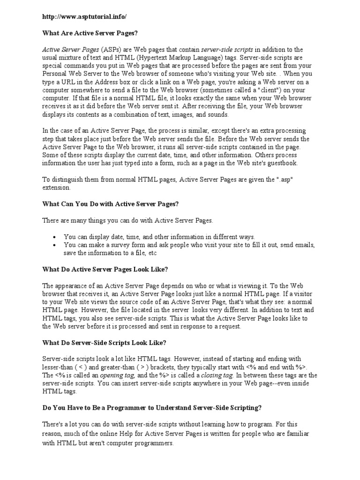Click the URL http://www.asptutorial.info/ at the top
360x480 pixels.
coord(84,16)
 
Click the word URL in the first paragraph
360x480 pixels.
coord(61,82)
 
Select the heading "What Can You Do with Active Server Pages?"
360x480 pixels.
coord(111,204)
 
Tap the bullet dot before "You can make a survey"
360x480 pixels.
coord(56,245)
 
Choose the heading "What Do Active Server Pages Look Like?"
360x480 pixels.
coord(105,270)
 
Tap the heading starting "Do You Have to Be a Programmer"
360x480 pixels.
coord(151,408)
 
